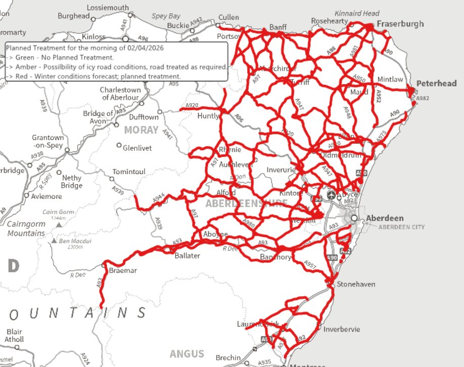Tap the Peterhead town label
pos(436,84)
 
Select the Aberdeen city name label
pos(385,218)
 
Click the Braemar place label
pos(123,271)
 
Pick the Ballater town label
pos(187,256)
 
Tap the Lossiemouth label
pos(108,8)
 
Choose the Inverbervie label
pos(342,329)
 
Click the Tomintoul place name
pos(128,172)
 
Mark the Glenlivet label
pos(137,147)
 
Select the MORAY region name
pos(142,130)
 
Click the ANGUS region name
pos(187,354)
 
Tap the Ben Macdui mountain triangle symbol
pos(54,241)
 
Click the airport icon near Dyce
pos(331,194)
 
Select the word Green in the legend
pos(25,57)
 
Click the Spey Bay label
pos(166,16)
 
